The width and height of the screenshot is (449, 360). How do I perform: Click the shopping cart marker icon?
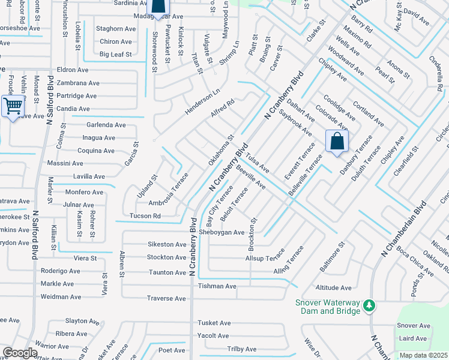coord(13,107)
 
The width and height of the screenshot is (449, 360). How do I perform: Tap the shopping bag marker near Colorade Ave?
coord(337,142)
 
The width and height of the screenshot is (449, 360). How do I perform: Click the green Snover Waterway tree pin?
coord(369,307)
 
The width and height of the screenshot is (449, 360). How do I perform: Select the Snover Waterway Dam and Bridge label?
coord(327,307)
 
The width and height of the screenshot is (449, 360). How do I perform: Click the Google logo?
coord(20,353)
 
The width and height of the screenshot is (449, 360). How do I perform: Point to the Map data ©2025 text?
coord(423,355)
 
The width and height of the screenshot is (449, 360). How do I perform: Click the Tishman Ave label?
coord(217,286)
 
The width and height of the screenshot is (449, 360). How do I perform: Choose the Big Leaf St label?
coord(116,55)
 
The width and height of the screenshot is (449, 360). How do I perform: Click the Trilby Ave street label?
coord(242,349)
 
